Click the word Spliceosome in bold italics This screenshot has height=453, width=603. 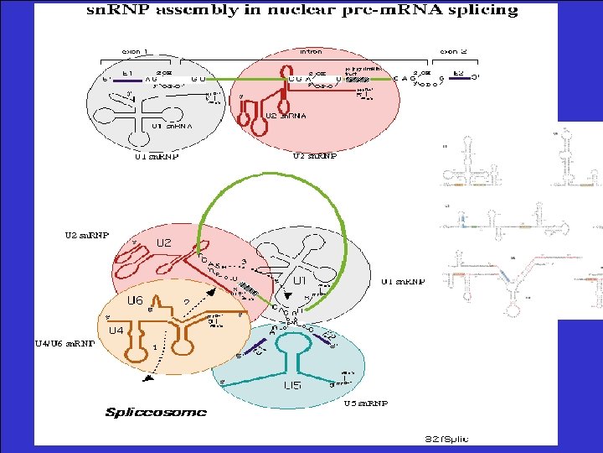tap(156, 412)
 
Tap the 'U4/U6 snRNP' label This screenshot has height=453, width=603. tap(64, 342)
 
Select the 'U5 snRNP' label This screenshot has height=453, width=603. tap(366, 403)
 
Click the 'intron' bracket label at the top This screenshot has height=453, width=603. tap(310, 51)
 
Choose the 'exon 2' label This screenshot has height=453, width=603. tap(454, 51)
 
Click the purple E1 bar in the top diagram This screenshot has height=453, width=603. tap(126, 80)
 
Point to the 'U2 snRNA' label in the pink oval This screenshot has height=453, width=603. tap(285, 115)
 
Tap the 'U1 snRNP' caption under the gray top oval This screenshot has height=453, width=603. tap(157, 155)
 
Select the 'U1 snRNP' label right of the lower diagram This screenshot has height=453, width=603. tap(403, 282)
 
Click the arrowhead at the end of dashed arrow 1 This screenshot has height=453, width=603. tap(147, 381)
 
